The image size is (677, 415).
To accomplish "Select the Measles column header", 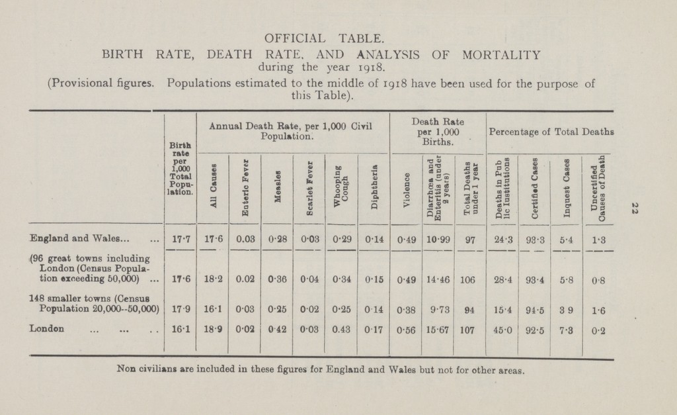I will click(x=277, y=179).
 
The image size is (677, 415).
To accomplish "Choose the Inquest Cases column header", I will click(x=565, y=180).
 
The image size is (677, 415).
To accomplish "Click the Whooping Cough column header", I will click(x=341, y=179).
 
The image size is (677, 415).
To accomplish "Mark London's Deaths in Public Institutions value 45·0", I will click(x=502, y=327).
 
